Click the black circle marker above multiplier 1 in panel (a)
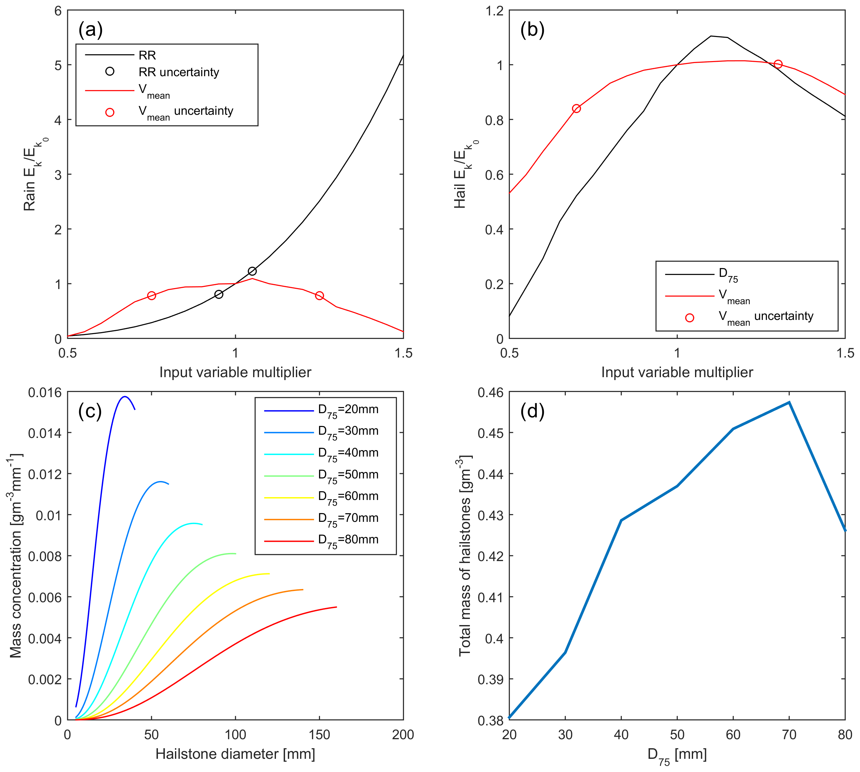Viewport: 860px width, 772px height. (x=252, y=271)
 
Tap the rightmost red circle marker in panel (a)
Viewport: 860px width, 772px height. (x=319, y=296)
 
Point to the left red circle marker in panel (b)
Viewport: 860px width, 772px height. (x=576, y=109)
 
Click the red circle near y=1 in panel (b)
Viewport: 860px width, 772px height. (x=778, y=64)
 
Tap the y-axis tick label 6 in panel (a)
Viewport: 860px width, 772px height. (x=58, y=11)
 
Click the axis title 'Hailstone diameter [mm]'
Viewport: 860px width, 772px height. (x=235, y=754)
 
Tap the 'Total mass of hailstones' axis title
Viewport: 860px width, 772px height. (x=465, y=556)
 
